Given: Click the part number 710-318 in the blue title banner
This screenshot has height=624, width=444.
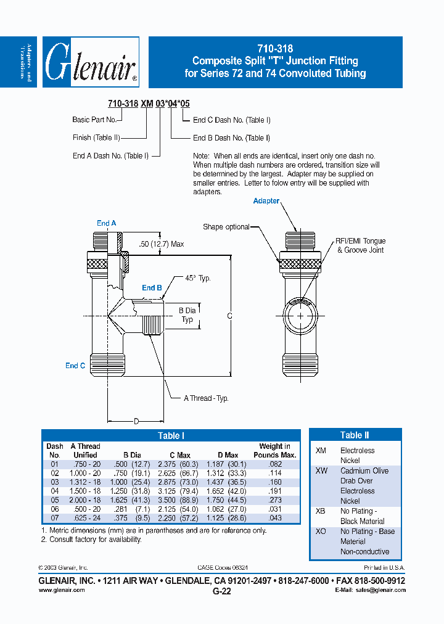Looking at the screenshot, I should [275, 49].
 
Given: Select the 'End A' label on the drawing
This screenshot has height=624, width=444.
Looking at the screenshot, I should [106, 223].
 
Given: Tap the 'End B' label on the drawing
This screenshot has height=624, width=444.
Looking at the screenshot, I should [152, 288].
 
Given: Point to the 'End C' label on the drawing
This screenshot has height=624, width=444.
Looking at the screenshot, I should [75, 366].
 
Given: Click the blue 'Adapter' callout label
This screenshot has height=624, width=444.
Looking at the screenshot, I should [266, 201].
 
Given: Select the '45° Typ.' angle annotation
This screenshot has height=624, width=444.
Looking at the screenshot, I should [198, 278].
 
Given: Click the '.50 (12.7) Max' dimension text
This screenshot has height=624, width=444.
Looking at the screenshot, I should [161, 244].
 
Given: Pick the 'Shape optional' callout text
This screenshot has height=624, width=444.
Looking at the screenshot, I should [226, 227].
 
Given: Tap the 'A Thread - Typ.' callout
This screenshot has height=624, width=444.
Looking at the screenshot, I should [206, 398].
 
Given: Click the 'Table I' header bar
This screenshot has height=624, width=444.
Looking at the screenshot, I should [171, 436].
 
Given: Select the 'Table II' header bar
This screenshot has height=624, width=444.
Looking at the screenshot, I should [355, 435].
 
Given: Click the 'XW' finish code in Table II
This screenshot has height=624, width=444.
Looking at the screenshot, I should [321, 470].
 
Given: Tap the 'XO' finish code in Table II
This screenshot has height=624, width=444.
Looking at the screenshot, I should [321, 532].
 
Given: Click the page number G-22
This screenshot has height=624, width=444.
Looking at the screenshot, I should [221, 591].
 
